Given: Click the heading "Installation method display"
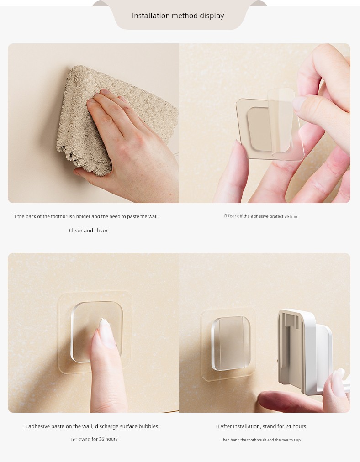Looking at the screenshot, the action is point(178,16).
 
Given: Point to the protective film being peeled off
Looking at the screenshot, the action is point(281,121).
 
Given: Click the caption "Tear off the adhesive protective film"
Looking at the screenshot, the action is point(262,216).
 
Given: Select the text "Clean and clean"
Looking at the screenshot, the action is point(88,231).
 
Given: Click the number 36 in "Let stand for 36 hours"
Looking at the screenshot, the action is point(101,439).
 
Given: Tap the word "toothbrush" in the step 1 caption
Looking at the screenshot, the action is point(63,216).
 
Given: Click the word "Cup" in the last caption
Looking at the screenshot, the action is point(297,440).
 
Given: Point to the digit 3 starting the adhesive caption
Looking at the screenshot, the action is point(26,426).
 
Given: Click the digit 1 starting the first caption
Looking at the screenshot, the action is point(15,216).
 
